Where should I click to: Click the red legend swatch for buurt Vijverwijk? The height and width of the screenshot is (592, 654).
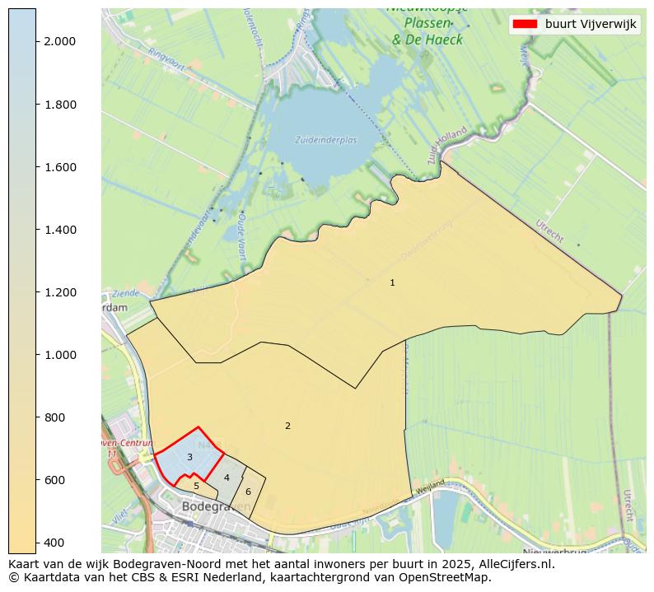pyautogui.click(x=525, y=25)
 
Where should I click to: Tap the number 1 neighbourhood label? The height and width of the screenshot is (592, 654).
pyautogui.click(x=392, y=283)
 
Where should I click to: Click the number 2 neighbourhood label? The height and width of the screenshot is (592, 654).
pyautogui.click(x=287, y=427)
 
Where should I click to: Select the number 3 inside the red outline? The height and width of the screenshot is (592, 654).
pyautogui.click(x=189, y=458)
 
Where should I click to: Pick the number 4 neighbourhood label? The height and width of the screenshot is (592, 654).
pyautogui.click(x=227, y=478)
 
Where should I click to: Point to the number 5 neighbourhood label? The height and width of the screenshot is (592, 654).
pyautogui.click(x=196, y=487)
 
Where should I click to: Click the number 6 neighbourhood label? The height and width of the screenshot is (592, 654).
pyautogui.click(x=248, y=492)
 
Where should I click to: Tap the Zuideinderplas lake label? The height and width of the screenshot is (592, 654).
pyautogui.click(x=326, y=140)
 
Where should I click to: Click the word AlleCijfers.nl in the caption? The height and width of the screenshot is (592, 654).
pyautogui.click(x=514, y=565)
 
